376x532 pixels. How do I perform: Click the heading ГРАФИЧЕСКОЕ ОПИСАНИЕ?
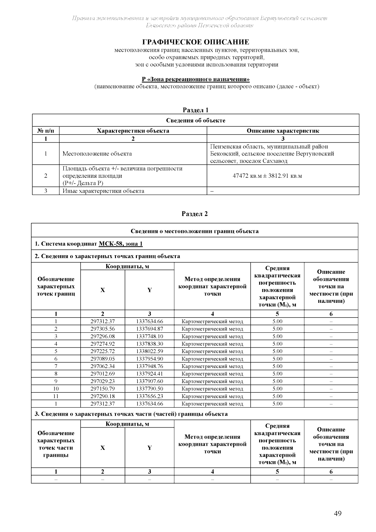click(x=196, y=42)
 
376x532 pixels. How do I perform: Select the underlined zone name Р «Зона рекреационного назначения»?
click(x=196, y=79)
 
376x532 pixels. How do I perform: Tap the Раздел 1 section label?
click(x=196, y=110)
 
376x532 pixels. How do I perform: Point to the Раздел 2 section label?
click(x=195, y=214)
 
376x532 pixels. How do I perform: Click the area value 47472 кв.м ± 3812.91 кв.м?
click(x=267, y=176)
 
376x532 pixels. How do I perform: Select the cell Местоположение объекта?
click(x=97, y=154)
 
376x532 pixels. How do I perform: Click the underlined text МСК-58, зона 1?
click(x=121, y=244)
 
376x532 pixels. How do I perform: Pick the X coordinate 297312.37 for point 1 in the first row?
click(x=102, y=321)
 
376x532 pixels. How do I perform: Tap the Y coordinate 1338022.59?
click(x=149, y=351)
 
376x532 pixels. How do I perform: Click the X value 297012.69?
click(x=102, y=374)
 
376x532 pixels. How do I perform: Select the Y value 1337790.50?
click(x=149, y=389)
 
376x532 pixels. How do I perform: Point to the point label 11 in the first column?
click(x=56, y=396)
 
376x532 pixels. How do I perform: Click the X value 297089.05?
click(x=102, y=359)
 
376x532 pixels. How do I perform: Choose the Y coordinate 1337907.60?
click(x=149, y=381)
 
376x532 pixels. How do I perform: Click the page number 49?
click(x=337, y=514)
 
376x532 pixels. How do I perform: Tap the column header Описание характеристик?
click(x=283, y=131)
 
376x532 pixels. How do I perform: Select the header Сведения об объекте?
click(x=196, y=120)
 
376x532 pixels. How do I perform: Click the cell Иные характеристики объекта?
click(x=103, y=191)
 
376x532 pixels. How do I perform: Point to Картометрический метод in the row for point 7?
click(x=212, y=366)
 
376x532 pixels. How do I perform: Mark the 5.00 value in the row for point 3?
click(x=277, y=336)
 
